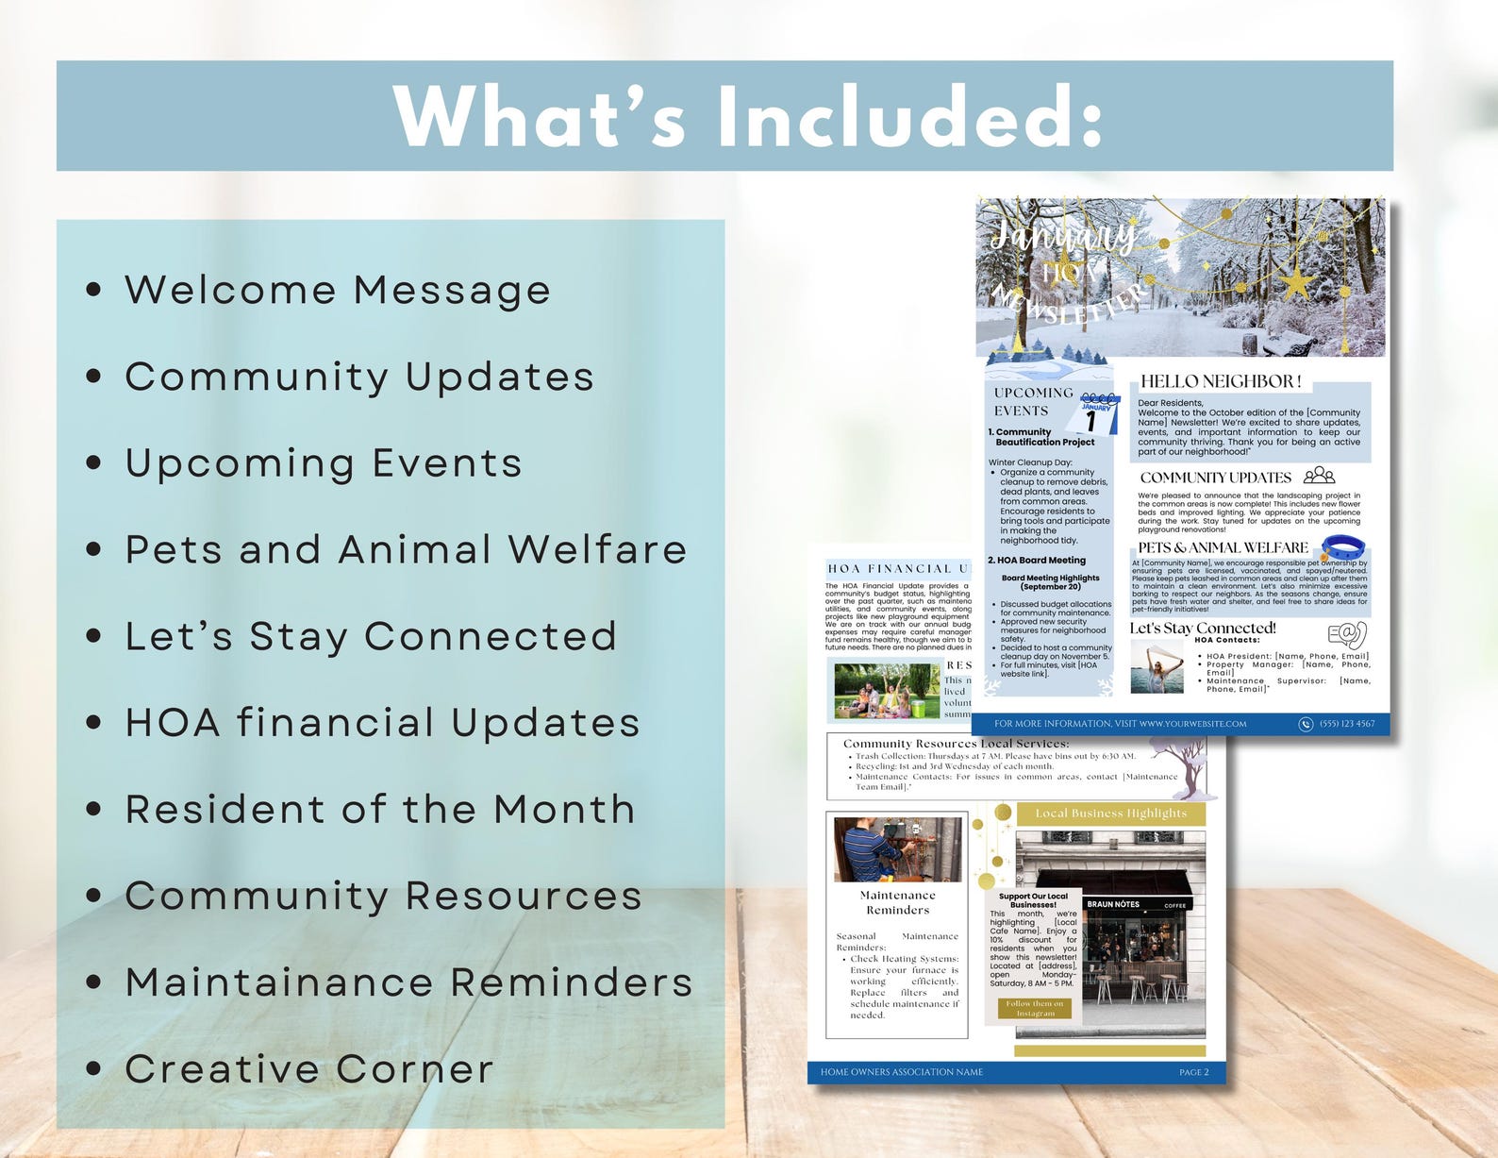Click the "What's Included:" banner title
(747, 116)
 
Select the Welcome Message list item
(337, 290)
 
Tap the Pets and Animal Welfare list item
(406, 549)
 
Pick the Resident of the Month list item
(379, 809)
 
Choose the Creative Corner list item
(308, 1068)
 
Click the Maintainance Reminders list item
(408, 982)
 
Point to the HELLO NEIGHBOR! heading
(1221, 381)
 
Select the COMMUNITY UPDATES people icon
(1320, 476)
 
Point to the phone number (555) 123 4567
(1346, 724)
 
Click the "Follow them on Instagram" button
(1035, 1009)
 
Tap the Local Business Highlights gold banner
(1110, 814)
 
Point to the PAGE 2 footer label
(1193, 1072)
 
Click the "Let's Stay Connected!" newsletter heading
(1203, 628)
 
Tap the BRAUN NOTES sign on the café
(1113, 904)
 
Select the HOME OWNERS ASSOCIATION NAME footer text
(901, 1072)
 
